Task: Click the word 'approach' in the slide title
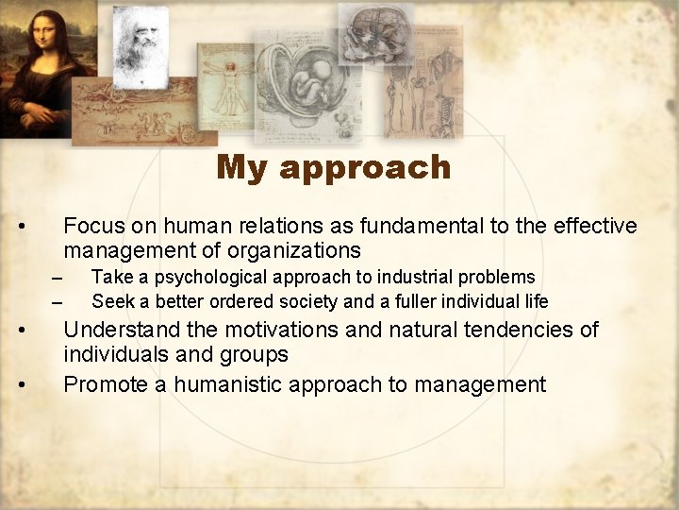point(365,168)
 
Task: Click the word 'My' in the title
point(243,168)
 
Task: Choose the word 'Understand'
point(120,330)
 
